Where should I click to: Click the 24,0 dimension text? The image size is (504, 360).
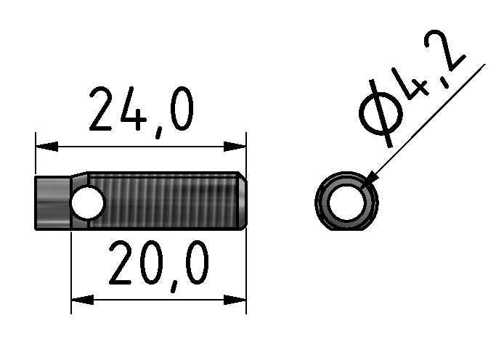click(x=141, y=110)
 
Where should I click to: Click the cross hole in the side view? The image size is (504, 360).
click(x=87, y=202)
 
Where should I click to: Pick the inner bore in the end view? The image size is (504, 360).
click(x=346, y=202)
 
